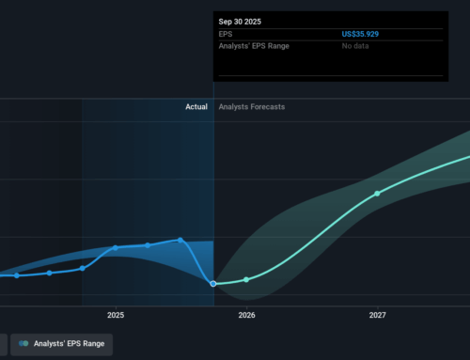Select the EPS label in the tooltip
(x=226, y=34)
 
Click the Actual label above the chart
(x=196, y=107)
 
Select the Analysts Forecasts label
(x=251, y=107)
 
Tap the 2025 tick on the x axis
(x=116, y=315)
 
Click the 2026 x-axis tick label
(x=246, y=315)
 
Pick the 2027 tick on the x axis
(x=377, y=315)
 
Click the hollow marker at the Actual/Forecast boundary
(x=213, y=283)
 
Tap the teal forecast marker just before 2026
(x=246, y=279)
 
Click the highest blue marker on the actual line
(x=180, y=240)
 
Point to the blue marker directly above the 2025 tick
(x=116, y=248)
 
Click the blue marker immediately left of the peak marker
(x=148, y=245)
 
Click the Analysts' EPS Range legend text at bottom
(x=70, y=344)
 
